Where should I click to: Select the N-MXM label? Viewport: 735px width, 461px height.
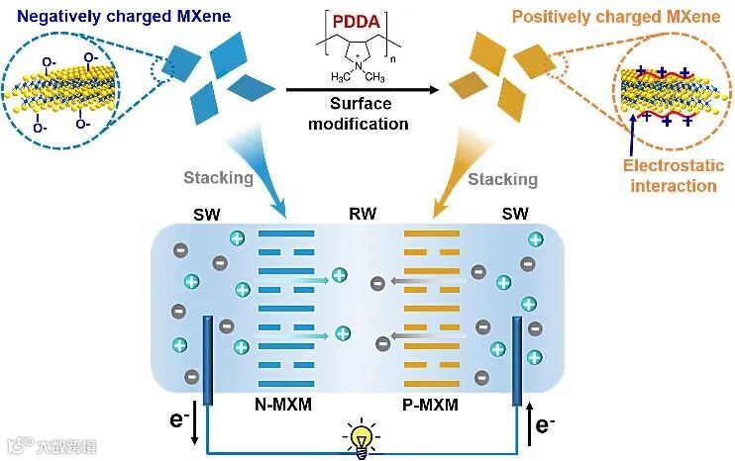pyautogui.click(x=283, y=404)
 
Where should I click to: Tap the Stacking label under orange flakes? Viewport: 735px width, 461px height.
pyautogui.click(x=503, y=179)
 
